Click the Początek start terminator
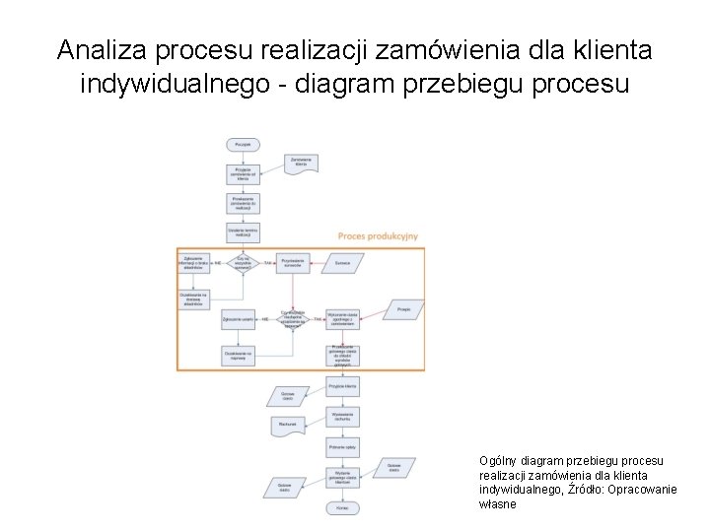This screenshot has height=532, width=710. pos(243,145)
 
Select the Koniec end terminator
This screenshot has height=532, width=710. pos(342,507)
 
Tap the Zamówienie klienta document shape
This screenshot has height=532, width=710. pos(301,163)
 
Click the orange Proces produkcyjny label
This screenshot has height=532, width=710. pos(378,236)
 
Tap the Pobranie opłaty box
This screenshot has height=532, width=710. pos(342,447)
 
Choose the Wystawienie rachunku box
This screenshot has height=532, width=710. pos(342,418)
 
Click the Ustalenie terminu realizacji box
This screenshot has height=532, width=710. pos(243,233)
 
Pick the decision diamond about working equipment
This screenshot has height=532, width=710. pos(294,319)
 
